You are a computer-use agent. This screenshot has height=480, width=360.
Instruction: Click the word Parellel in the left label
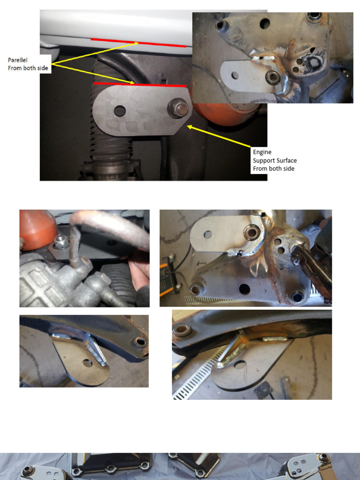point(18,60)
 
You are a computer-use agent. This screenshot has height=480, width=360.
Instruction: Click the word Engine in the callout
point(262,152)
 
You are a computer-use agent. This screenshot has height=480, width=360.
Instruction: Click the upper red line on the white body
point(138,43)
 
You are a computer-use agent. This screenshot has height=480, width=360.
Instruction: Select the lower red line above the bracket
point(140,84)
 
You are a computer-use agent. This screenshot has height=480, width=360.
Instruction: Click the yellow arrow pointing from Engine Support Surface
point(219,136)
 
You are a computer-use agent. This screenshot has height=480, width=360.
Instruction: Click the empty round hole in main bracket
point(120,111)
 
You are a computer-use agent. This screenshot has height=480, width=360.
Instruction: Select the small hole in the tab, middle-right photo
point(208,235)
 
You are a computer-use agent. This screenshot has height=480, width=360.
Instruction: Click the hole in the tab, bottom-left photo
point(88,363)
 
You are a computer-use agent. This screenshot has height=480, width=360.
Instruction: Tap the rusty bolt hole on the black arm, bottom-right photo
point(182,330)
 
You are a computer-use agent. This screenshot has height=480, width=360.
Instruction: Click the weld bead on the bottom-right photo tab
point(275,339)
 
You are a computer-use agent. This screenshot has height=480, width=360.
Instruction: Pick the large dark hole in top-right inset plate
point(265,23)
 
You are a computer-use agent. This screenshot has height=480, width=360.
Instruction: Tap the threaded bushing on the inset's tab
point(272,77)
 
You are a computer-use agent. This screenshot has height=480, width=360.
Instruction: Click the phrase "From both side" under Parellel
point(28,68)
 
